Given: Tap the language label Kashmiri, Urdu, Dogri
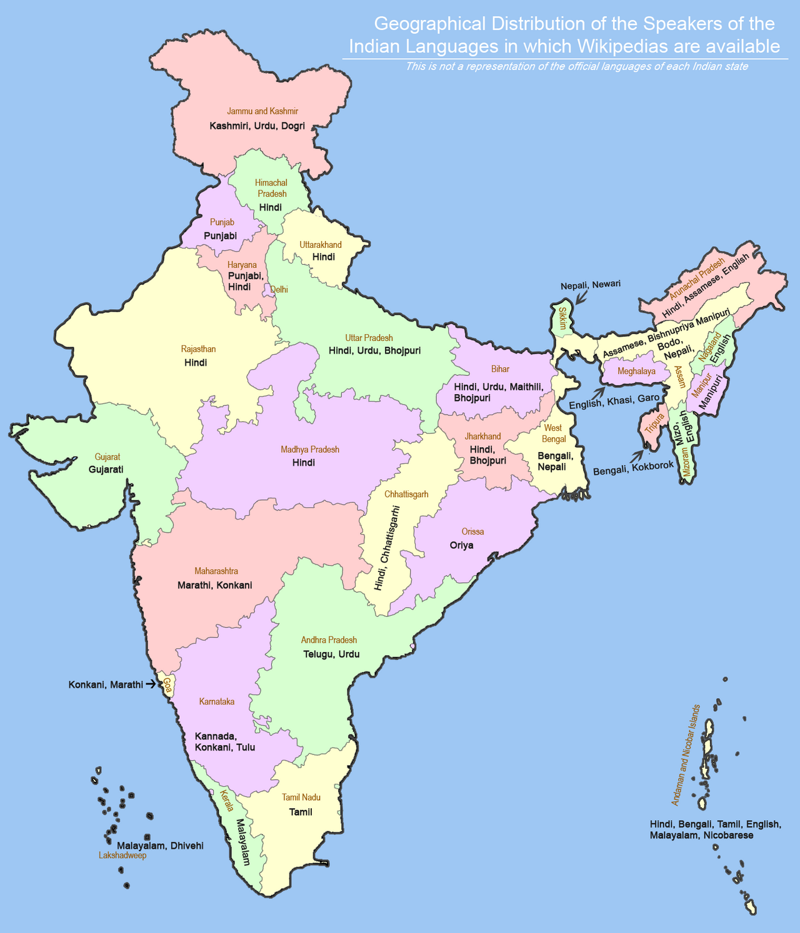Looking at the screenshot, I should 257,126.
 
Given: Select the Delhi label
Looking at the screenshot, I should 279,289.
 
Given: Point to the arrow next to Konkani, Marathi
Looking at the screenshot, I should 151,685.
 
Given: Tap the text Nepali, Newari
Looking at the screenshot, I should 590,284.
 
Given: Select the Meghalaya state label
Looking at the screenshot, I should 636,372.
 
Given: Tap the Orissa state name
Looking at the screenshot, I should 472,531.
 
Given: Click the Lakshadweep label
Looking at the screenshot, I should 122,856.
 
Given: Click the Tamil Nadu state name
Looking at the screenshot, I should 301,797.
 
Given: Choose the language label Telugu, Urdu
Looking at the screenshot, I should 331,654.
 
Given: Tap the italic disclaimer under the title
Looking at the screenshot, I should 576,66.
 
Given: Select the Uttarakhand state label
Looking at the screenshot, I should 321,245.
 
